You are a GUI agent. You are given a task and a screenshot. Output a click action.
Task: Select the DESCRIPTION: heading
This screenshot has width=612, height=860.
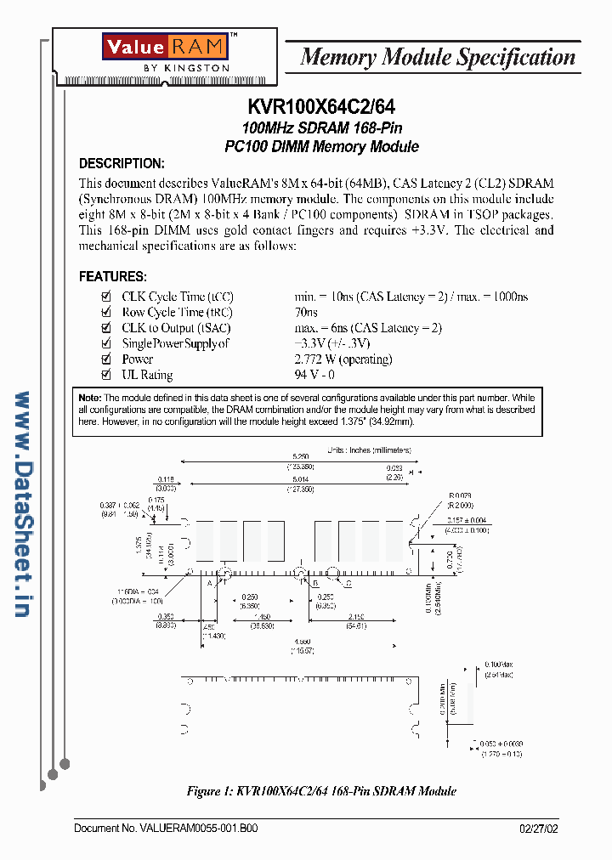(122, 164)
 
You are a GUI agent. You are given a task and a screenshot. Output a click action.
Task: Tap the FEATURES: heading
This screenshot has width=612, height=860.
(113, 277)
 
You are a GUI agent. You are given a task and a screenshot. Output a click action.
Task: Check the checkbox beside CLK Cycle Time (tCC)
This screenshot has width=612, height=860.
(106, 297)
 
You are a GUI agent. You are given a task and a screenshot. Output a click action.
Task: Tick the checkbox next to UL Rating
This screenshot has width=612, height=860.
(106, 375)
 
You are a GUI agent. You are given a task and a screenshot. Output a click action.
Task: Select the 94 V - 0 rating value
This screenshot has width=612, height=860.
(314, 375)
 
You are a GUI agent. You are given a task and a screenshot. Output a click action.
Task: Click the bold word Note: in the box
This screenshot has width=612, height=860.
(90, 398)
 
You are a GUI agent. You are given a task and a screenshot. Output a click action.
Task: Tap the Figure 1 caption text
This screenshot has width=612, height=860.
(321, 791)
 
